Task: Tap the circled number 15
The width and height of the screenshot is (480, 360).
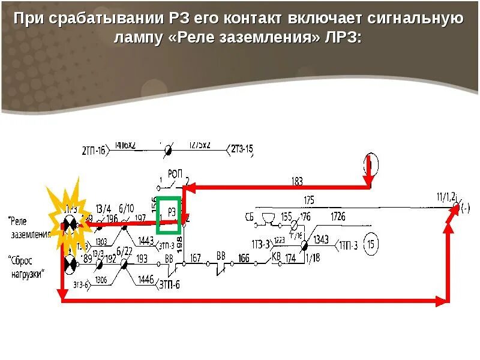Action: [372, 245]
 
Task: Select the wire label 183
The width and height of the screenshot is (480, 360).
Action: [296, 181]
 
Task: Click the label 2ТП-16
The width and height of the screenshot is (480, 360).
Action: [94, 150]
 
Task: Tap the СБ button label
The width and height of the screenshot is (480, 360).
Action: [250, 215]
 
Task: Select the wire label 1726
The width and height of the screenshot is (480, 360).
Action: [338, 216]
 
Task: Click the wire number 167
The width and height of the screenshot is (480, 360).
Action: [196, 258]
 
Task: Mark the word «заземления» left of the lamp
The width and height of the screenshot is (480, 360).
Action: [31, 235]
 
